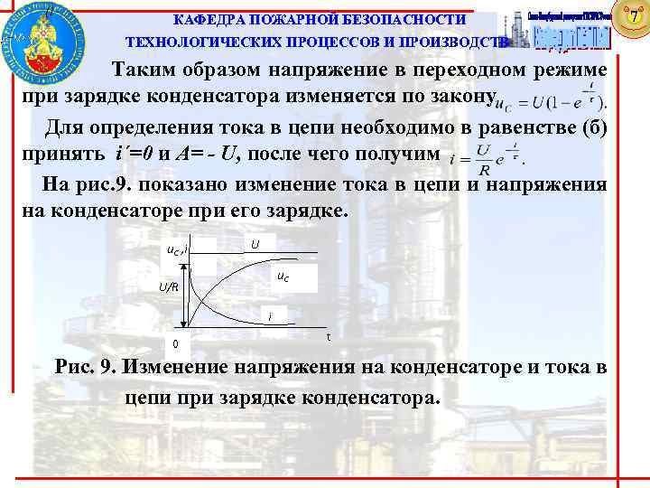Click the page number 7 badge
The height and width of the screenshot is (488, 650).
(633, 15)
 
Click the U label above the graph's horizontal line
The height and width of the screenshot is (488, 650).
(255, 244)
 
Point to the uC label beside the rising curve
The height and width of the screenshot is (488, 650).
(283, 276)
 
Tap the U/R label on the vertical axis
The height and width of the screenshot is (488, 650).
(168, 288)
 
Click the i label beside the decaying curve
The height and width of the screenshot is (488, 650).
(269, 316)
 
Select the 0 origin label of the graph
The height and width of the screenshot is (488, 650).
(176, 344)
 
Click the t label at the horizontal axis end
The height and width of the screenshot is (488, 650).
(328, 336)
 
